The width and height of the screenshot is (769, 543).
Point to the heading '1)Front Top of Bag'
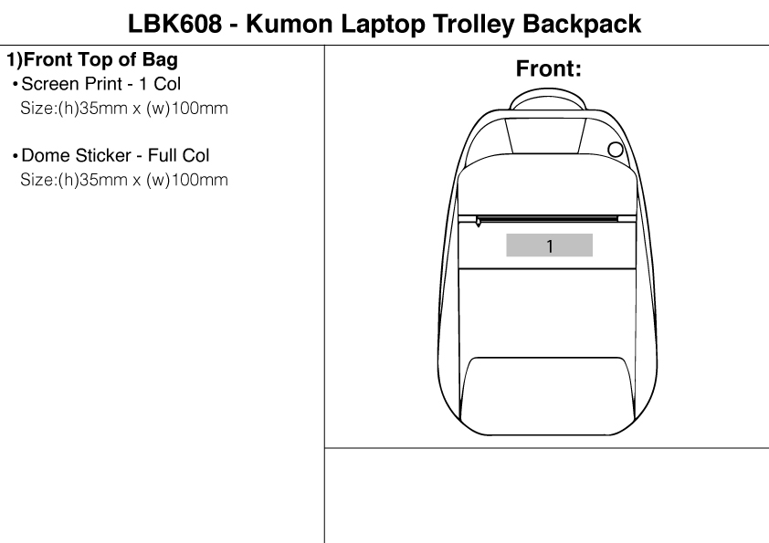(x=92, y=62)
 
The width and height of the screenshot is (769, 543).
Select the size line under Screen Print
(x=123, y=108)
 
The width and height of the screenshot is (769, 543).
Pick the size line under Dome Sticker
(x=123, y=179)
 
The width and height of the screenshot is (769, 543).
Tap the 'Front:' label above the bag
(x=549, y=69)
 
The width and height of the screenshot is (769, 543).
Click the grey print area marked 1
(x=550, y=245)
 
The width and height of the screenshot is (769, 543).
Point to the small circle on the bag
(x=616, y=150)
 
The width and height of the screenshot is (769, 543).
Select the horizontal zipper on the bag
(x=548, y=218)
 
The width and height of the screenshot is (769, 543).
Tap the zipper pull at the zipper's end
(x=478, y=222)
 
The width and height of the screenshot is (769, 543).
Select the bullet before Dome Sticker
(x=15, y=156)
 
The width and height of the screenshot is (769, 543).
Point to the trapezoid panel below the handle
(x=546, y=136)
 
